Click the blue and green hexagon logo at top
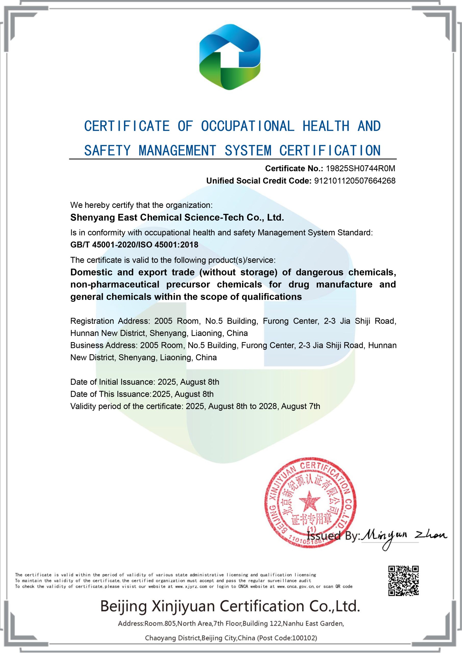230,57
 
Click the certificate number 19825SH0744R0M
360,169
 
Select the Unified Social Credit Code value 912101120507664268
354,181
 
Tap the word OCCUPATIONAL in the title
247,126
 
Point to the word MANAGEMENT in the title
177,151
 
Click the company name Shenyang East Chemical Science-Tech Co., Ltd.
177,218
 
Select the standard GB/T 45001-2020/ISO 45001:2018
134,245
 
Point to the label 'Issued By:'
333,536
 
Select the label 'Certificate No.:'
294,169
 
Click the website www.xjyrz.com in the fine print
191,586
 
